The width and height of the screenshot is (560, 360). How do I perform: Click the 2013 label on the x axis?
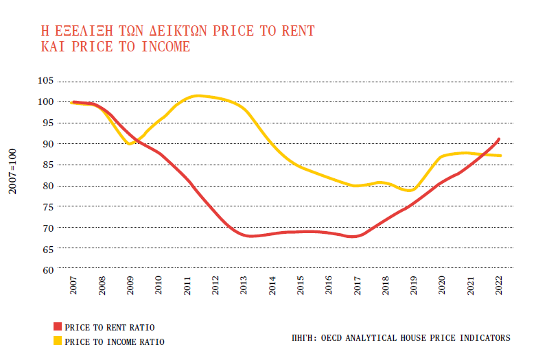[x=244, y=287]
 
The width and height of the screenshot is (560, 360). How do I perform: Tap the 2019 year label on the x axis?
[x=415, y=287]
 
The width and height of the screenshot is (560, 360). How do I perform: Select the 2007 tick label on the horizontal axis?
[x=73, y=287]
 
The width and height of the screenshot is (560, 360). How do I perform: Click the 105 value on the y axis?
[x=45, y=81]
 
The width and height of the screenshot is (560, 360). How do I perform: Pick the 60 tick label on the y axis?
[x=48, y=269]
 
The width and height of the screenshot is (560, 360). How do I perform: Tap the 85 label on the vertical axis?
[x=48, y=165]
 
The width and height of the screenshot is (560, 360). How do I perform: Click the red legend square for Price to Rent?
[x=58, y=327]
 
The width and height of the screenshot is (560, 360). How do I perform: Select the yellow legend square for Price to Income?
[x=58, y=340]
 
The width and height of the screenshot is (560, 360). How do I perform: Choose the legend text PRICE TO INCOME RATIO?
[x=114, y=341]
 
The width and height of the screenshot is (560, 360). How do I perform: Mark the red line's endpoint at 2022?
[x=499, y=139]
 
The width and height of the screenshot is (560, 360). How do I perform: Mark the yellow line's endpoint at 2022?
[x=500, y=156]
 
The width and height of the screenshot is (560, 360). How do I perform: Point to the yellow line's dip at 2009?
[x=130, y=143]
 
